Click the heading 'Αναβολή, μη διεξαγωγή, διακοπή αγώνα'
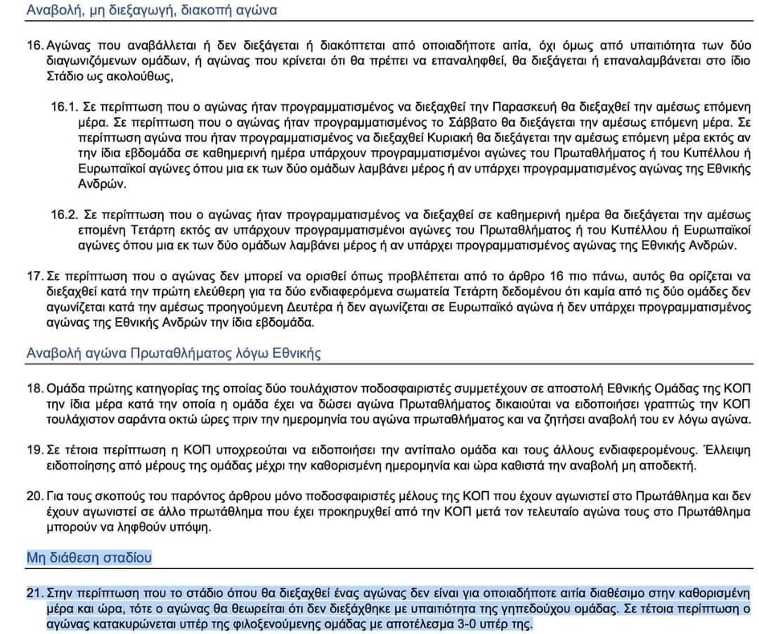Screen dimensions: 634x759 tap(152, 11)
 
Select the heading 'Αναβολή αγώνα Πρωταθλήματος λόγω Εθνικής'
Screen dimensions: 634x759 tap(174, 353)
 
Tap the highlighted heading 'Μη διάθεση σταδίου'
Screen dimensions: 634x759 tap(89, 557)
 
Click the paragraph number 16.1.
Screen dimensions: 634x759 tap(63, 106)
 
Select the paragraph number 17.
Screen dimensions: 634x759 tap(35, 276)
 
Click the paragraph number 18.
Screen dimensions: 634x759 tap(35, 388)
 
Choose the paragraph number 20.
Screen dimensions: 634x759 tap(35, 495)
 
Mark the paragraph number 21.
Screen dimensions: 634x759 tap(35, 594)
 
